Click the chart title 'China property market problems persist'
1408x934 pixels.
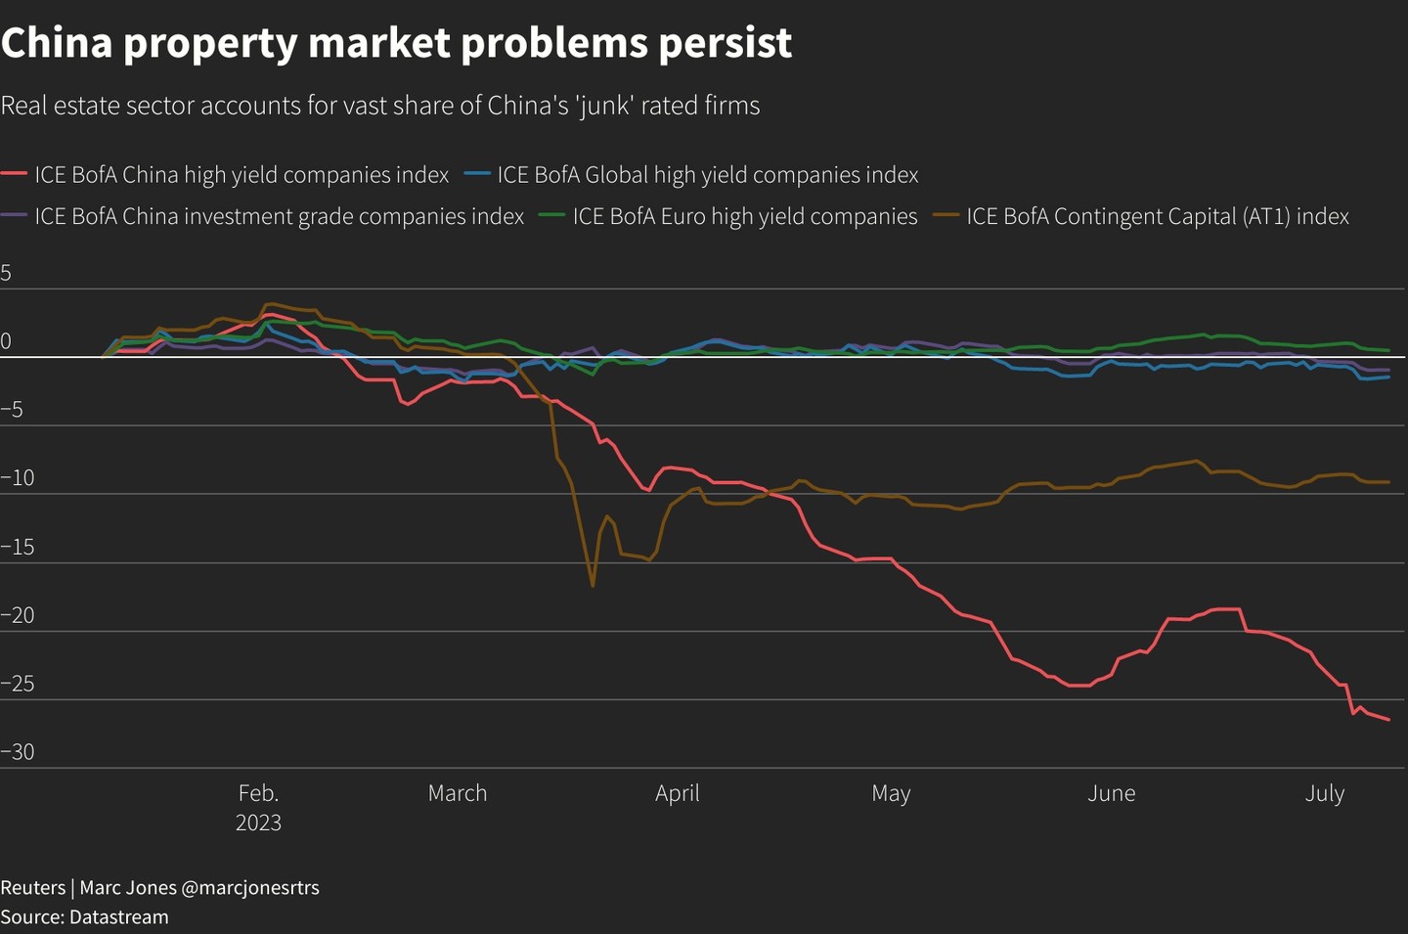(396, 43)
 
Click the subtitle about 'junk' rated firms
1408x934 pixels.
(380, 106)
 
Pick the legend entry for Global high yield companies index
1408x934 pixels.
(707, 175)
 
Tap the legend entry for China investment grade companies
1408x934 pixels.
(279, 216)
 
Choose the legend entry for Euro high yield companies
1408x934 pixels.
(744, 216)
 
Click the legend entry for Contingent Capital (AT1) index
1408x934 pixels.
(1157, 216)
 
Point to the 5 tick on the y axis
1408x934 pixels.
(6, 273)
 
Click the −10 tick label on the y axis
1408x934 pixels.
(18, 478)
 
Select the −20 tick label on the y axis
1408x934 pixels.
(18, 615)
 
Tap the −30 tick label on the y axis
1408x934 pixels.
(18, 752)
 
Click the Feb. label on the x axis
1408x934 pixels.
(258, 793)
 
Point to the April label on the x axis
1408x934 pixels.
(677, 793)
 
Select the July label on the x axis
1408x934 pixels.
(1324, 793)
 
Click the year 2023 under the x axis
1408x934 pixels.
(258, 823)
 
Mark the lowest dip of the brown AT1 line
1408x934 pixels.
(593, 586)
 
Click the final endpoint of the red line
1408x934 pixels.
(1389, 720)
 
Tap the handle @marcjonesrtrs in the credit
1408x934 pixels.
(250, 888)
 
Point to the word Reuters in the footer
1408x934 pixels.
(33, 888)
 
